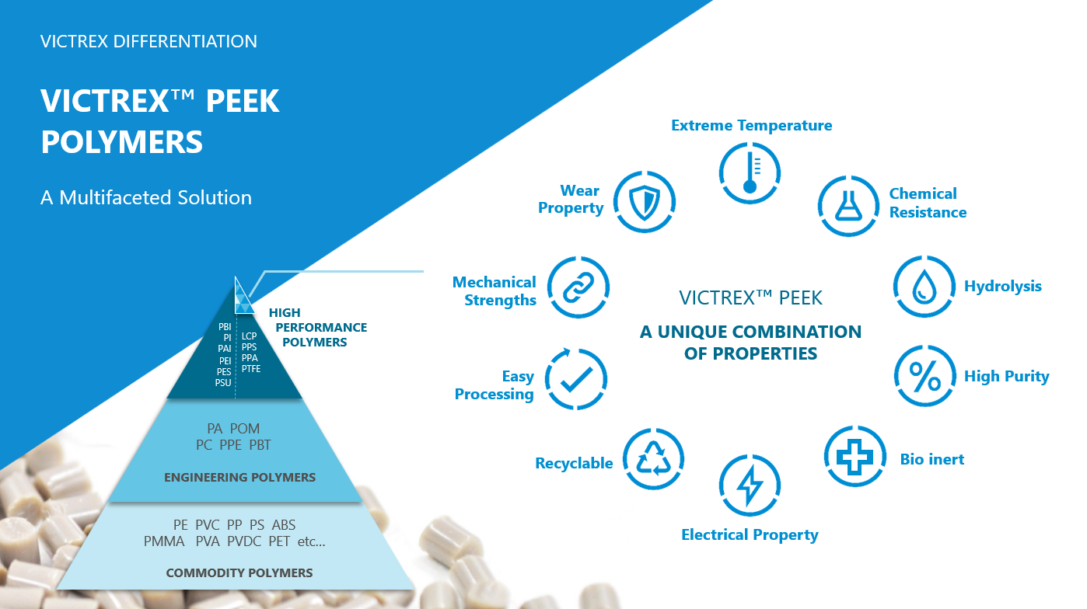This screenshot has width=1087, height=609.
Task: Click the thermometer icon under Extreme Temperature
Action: (x=750, y=173)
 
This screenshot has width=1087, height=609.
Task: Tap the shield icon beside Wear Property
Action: (x=645, y=202)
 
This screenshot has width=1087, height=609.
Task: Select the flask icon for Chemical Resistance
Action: (x=848, y=206)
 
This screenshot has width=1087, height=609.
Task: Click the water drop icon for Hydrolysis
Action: (x=924, y=287)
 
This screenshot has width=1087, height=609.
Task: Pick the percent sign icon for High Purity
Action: (x=925, y=376)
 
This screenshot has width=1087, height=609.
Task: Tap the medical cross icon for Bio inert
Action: (x=855, y=456)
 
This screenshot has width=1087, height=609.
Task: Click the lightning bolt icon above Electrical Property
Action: (x=750, y=485)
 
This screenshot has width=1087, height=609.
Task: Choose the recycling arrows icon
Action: (x=654, y=458)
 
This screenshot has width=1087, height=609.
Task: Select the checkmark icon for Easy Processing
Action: (x=576, y=379)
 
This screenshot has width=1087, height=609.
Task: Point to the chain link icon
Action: (x=578, y=287)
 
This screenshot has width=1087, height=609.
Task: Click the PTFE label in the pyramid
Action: (x=251, y=369)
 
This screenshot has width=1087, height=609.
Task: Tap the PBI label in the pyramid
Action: (x=225, y=327)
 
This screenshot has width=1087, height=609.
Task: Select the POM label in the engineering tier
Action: (x=245, y=429)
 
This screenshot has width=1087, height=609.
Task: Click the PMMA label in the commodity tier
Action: (x=164, y=541)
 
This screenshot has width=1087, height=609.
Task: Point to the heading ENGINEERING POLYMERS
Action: (x=239, y=478)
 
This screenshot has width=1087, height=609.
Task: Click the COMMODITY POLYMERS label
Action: (x=239, y=573)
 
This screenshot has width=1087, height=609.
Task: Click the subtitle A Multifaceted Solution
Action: (x=146, y=198)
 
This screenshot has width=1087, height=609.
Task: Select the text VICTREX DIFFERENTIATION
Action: (x=149, y=42)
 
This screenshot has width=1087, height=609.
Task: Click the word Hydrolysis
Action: (x=1002, y=287)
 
